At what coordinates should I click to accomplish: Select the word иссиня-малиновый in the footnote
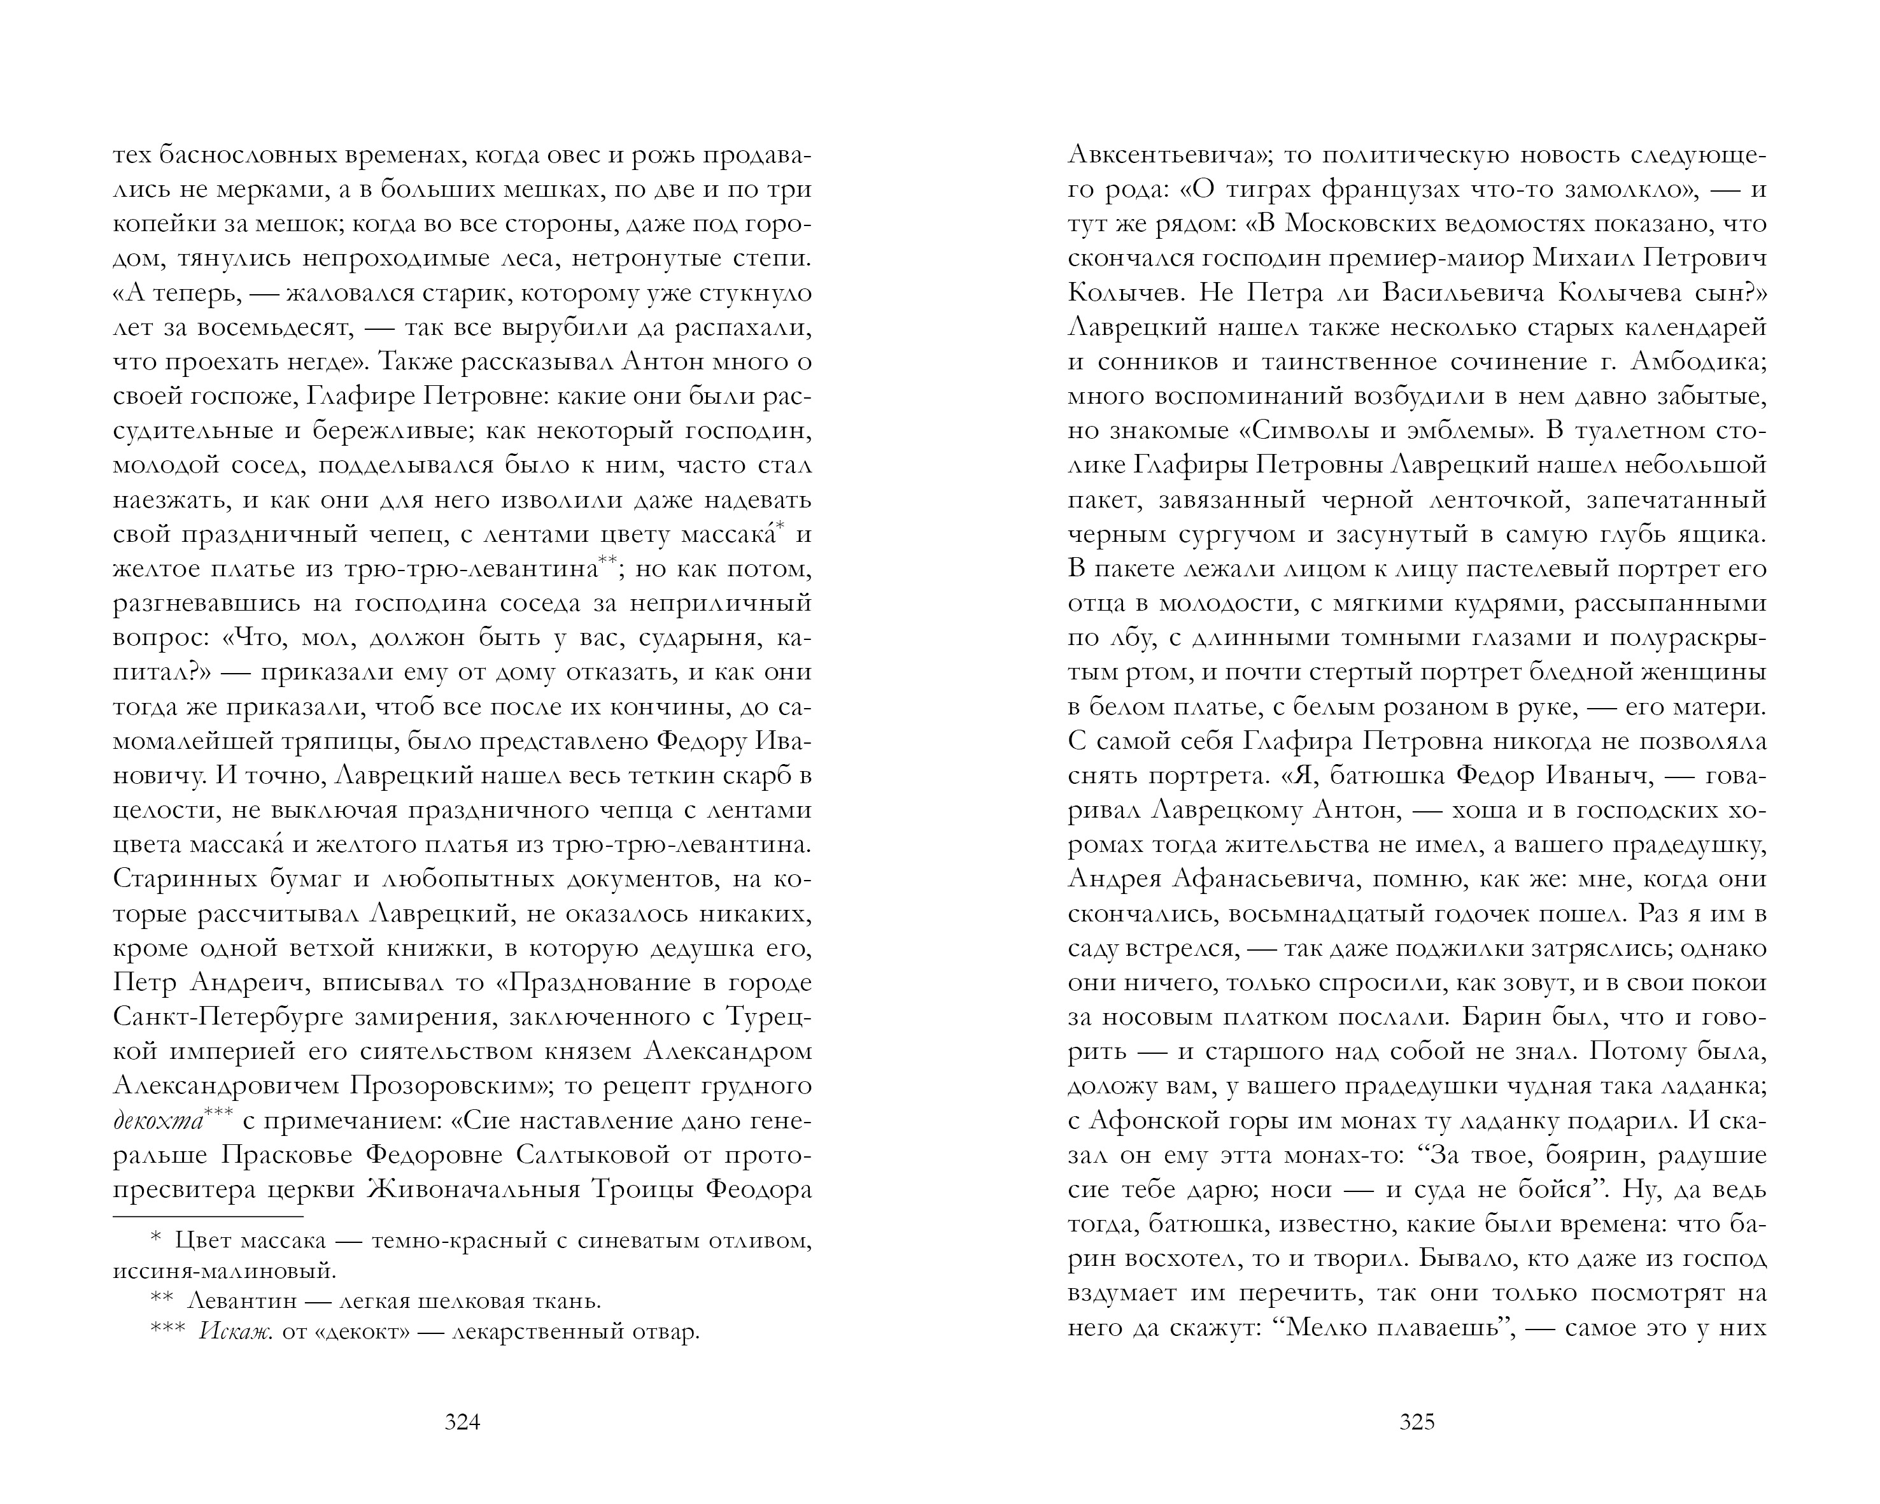[223, 1270]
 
